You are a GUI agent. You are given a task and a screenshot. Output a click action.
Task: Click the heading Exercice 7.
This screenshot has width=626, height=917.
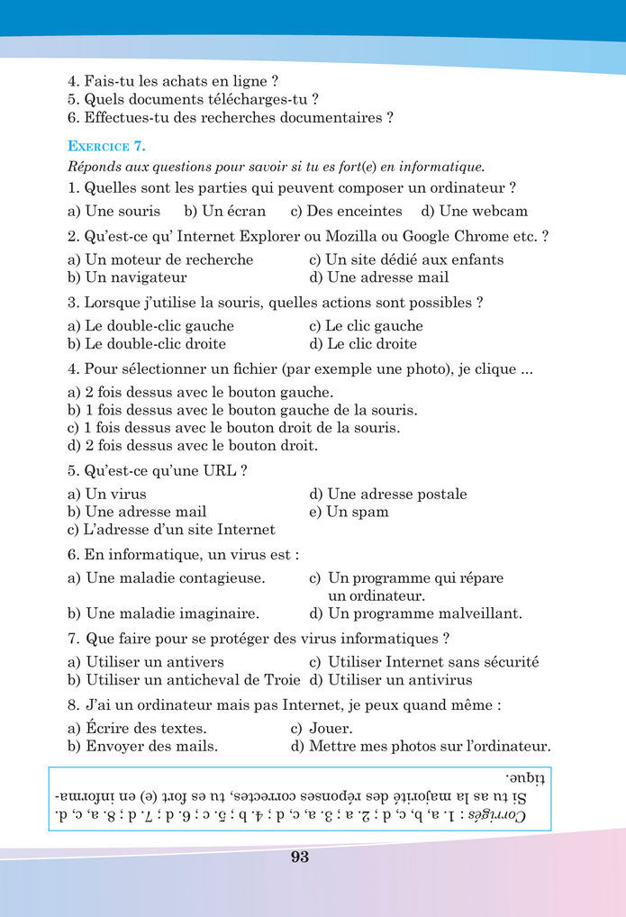click(106, 145)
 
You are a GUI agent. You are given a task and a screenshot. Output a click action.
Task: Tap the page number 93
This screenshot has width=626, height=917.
click(300, 857)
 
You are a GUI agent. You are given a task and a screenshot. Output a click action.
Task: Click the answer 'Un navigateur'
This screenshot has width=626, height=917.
click(127, 277)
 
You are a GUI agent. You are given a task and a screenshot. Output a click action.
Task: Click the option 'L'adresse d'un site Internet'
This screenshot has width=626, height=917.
click(171, 530)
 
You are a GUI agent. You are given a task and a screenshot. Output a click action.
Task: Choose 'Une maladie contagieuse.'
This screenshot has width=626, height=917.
click(166, 578)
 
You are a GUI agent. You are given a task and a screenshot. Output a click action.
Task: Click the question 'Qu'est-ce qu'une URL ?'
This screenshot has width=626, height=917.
click(158, 470)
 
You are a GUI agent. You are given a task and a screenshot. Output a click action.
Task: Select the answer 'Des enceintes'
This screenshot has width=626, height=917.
click(346, 211)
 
